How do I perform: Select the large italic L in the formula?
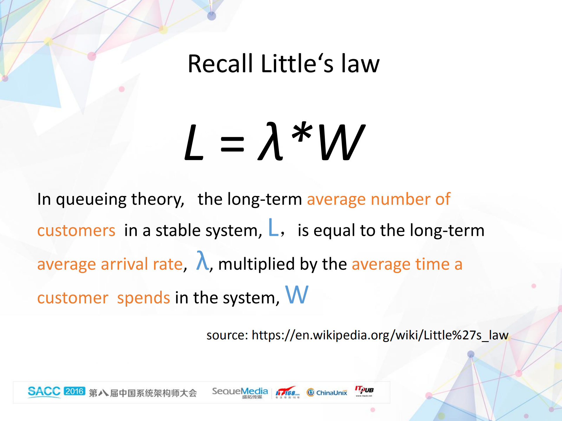pos(194,142)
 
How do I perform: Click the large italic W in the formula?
pos(342,142)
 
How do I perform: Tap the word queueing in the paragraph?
pos(91,200)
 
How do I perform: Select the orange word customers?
pos(76,231)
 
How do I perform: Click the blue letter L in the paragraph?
pos(273,228)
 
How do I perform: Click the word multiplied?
pos(256,264)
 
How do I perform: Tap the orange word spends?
pos(144,298)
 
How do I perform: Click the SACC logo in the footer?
pos(44,391)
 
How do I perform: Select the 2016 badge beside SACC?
pos(74,391)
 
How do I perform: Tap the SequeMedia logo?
pos(240,392)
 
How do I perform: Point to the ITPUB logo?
pos(364,391)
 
